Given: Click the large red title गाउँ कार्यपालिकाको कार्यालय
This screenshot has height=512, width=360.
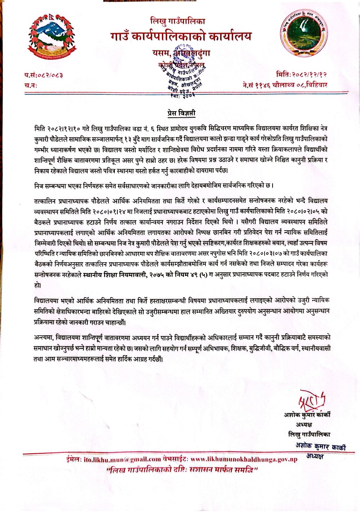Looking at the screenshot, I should pos(181,36).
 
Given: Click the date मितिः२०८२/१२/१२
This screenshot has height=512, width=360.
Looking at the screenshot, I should pos(302,74).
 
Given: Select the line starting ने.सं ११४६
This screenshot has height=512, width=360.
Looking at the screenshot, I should pos(285,85).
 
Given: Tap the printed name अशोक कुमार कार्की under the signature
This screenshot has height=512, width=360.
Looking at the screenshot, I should pos(307,414).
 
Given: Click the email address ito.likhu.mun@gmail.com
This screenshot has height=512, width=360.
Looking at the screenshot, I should pos(122,459).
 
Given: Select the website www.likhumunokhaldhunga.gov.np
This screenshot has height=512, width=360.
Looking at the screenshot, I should pos(244,459).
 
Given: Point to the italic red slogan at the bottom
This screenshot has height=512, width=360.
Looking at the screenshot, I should pos(182,470).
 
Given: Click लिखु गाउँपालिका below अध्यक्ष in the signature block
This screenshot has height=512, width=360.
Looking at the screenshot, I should pos(309,434).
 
